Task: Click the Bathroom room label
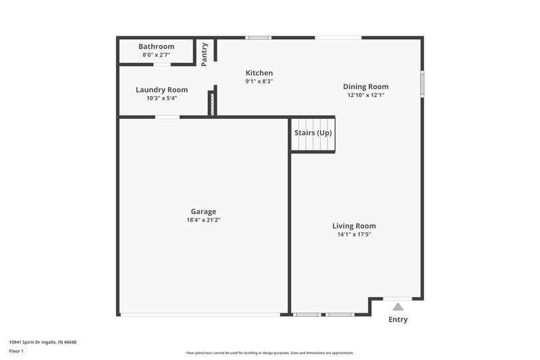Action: [156, 47]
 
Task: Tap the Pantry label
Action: [205, 54]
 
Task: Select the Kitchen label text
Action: [259, 73]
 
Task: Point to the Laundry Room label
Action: [161, 90]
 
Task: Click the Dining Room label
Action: [366, 86]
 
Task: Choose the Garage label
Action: [203, 211]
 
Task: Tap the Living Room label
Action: [354, 226]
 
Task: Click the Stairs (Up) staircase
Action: [313, 134]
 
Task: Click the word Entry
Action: [398, 319]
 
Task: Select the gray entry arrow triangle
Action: [398, 307]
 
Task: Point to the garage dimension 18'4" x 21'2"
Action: [203, 220]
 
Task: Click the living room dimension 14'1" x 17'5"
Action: [354, 234]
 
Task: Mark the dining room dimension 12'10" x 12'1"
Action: [366, 95]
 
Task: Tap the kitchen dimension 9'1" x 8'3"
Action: [259, 81]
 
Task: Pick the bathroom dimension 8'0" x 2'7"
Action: [156, 55]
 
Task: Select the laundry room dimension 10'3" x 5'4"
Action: [161, 98]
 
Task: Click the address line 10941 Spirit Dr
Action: [43, 342]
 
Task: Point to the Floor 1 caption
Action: [16, 351]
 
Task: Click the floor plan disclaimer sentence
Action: [269, 353]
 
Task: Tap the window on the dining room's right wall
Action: [423, 84]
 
